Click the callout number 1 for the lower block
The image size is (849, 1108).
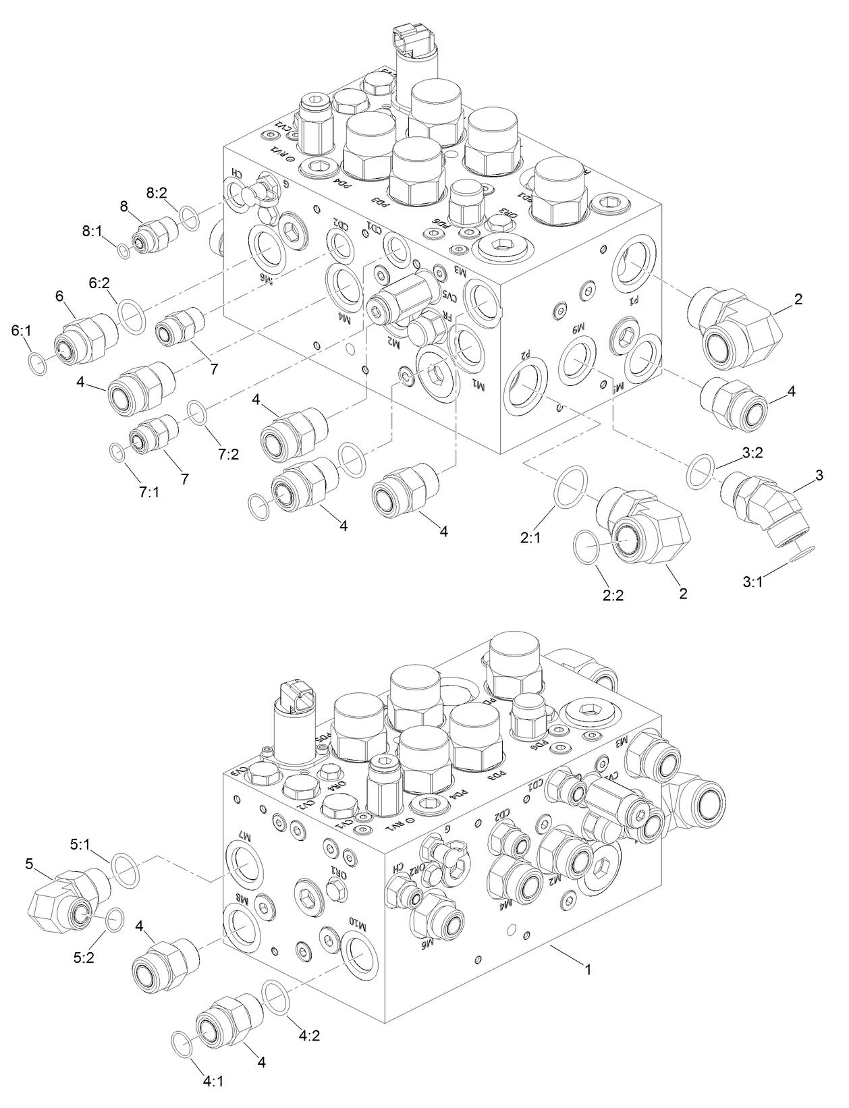(588, 970)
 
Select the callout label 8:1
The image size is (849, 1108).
(92, 231)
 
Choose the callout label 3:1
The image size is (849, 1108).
(752, 581)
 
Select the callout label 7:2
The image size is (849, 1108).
(229, 454)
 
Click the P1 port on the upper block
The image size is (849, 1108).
(635, 264)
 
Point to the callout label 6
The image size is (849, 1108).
(59, 296)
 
